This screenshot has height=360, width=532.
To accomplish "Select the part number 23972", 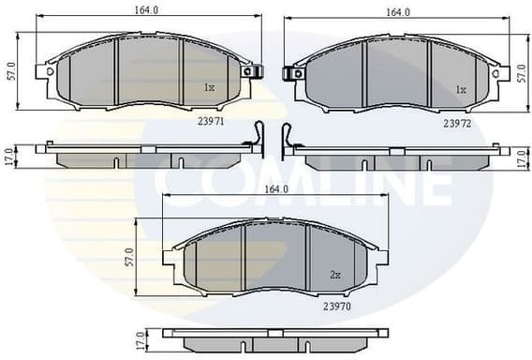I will tap(455, 122).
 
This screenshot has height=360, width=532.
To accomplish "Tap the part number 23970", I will tap(337, 306).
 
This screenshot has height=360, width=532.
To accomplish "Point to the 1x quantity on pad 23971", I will tap(210, 88).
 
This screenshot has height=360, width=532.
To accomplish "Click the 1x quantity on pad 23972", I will tap(460, 90).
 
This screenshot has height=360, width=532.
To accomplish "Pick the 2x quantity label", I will tap(334, 275).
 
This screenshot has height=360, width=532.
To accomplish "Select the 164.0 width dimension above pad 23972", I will tap(398, 12).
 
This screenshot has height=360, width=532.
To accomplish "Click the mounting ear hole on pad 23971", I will tap(247, 71).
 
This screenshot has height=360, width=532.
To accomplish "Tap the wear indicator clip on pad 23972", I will tap(288, 71).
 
